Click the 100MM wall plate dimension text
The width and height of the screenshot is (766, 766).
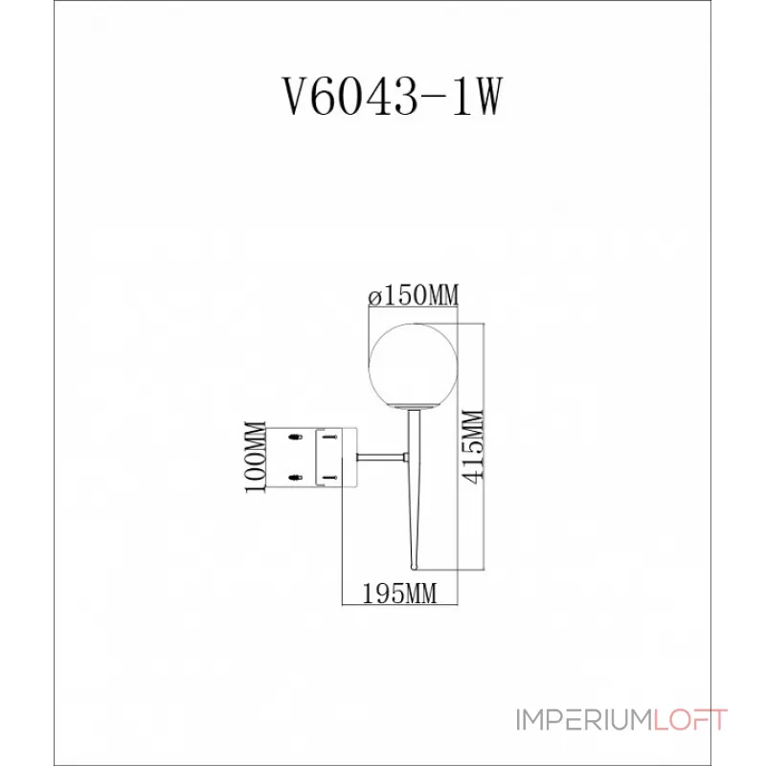(256, 457)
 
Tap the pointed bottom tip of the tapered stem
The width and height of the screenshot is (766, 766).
(415, 569)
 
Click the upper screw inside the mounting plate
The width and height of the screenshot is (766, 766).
(329, 439)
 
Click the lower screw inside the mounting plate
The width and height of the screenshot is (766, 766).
(329, 474)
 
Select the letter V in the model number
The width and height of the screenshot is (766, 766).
(289, 97)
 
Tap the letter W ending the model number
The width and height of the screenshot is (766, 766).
(485, 97)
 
